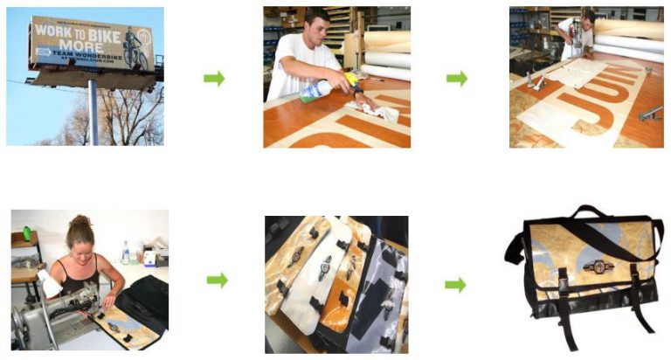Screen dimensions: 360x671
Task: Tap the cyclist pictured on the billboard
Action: [133, 48]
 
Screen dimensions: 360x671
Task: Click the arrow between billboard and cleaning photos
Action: [214, 79]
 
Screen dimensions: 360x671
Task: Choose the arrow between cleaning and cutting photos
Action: [456, 79]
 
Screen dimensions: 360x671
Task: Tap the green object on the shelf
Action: [28, 233]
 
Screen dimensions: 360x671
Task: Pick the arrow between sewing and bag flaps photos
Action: [216, 280]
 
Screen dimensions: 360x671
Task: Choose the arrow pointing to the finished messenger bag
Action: [455, 284]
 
